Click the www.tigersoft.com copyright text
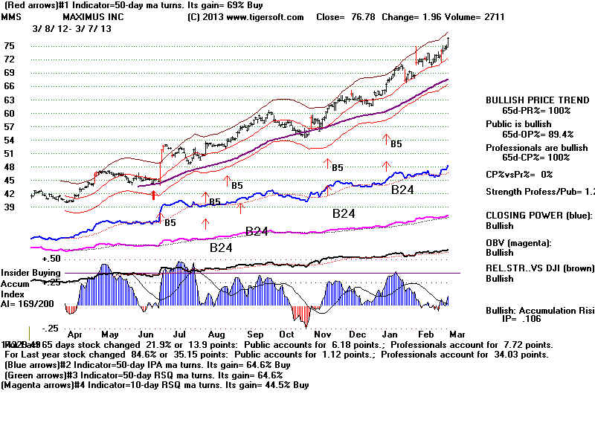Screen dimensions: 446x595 click(x=246, y=16)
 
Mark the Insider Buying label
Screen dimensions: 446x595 click(x=29, y=274)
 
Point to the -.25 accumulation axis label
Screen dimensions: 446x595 click(x=50, y=329)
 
